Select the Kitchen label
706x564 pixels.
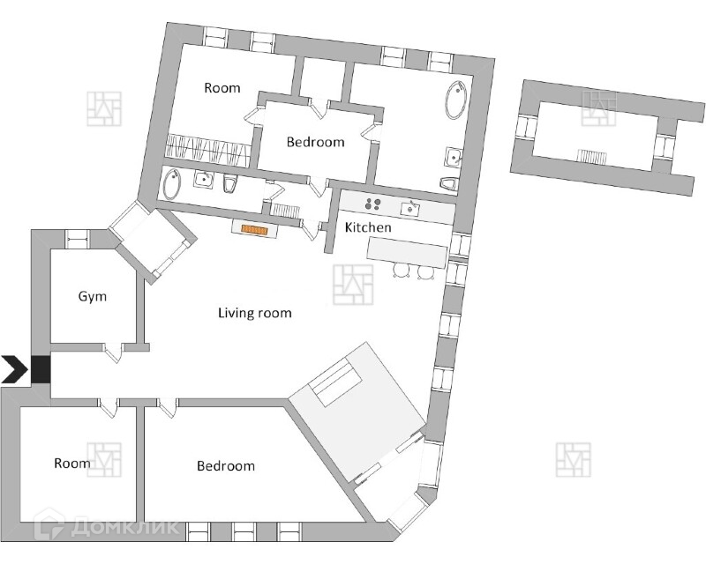point(367,227)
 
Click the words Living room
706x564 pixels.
point(255,313)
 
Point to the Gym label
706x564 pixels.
point(92,296)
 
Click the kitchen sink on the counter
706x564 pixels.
point(410,208)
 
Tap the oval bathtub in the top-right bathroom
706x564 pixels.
point(456,100)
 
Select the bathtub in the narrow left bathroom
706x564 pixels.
point(172,184)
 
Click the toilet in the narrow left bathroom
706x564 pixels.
point(230,183)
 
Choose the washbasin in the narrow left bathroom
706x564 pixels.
point(204,181)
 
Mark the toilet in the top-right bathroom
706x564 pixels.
point(449,183)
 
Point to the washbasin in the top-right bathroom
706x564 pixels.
point(454,158)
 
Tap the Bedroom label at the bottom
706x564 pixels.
point(225,465)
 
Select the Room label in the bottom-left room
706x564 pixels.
point(71,463)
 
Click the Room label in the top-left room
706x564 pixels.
point(222,87)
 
